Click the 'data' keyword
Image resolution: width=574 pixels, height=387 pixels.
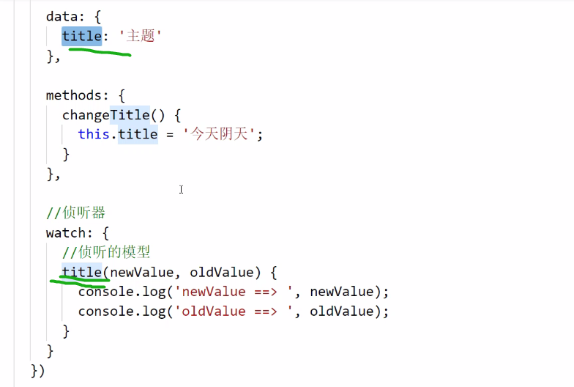61,16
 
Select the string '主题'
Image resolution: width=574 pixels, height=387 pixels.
139,35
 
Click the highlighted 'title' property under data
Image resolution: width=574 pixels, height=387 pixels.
81,35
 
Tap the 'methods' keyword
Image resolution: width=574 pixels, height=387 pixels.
73,95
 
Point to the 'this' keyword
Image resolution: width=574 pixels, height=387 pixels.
94,134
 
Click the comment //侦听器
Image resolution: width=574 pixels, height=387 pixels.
75,213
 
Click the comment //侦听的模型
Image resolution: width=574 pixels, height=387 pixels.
105,253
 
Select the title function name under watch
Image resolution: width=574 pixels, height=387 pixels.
81,273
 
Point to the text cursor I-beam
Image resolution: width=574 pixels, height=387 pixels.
181,190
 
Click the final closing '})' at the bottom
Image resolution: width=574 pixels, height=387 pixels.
38,370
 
